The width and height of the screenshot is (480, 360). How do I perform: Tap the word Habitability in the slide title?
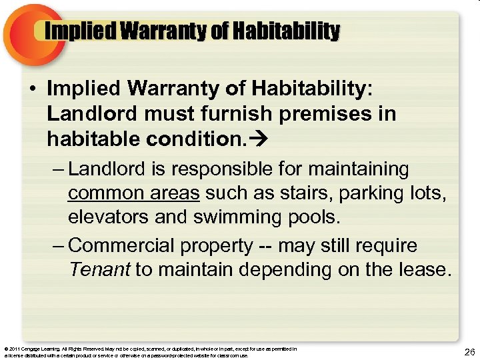click(x=291, y=31)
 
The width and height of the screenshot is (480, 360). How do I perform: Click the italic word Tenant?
click(x=99, y=270)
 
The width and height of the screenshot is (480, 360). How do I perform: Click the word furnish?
click(x=209, y=114)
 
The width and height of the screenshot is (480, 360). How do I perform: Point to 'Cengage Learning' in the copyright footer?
click(x=43, y=349)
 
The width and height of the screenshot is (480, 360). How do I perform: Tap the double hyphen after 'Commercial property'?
click(x=264, y=246)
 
